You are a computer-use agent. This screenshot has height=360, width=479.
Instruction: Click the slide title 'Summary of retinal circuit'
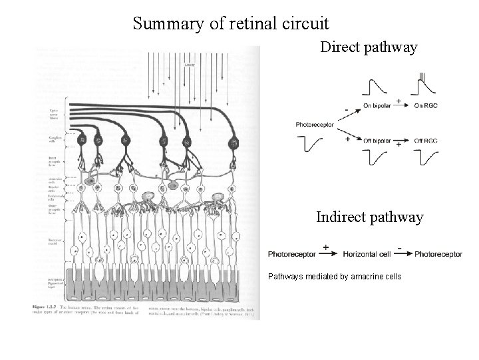[230, 24]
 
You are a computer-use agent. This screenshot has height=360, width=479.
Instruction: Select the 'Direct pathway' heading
[369, 47]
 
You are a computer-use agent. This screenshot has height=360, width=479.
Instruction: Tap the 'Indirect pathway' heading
[369, 217]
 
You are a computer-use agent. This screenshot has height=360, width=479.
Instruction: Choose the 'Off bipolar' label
[377, 141]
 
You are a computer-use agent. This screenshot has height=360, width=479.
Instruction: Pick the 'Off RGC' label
[426, 141]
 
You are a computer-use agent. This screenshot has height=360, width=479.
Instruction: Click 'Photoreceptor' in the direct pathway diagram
[315, 125]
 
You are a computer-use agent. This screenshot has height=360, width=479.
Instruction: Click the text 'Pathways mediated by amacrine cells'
[335, 276]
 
